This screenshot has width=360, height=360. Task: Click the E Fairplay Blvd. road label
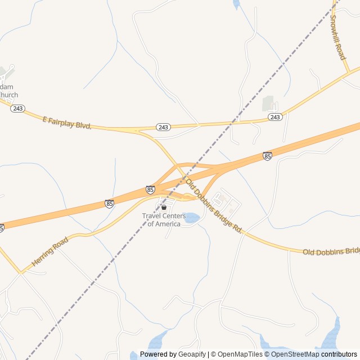pos(67,122)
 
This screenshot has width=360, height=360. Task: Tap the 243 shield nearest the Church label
pos(17,108)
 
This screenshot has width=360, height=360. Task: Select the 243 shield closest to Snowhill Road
pos(274,117)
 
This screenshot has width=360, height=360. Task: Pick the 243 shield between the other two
pos(163,128)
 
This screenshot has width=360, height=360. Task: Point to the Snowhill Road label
pos(337,38)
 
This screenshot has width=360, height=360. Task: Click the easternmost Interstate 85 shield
pos(267,156)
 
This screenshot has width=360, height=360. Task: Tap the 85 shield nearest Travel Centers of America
pos(150,190)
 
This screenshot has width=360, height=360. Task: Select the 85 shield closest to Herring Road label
pos(109,204)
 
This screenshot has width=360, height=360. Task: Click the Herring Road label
pos(50,251)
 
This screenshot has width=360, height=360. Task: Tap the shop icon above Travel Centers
pos(164,208)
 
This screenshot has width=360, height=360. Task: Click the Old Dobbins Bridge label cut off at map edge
pos(331,251)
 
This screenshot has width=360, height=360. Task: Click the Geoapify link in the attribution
pos(193,354)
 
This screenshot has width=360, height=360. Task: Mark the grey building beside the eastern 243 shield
pos(268,104)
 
